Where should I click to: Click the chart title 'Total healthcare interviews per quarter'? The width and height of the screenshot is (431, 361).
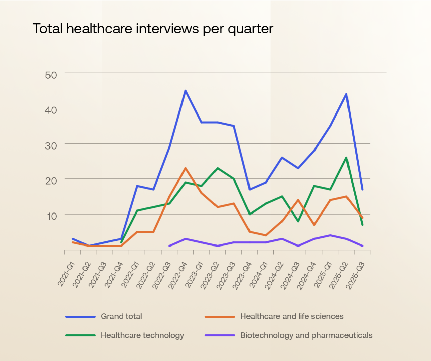pyautogui.click(x=153, y=29)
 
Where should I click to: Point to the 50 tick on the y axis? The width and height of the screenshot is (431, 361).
pyautogui.click(x=51, y=75)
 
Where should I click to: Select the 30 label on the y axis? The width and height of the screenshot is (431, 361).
pyautogui.click(x=51, y=145)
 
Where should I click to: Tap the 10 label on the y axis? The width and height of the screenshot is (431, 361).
pyautogui.click(x=52, y=216)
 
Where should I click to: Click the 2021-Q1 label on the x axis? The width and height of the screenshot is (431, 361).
pyautogui.click(x=66, y=274)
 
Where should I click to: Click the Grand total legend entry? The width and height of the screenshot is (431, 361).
pyautogui.click(x=121, y=316)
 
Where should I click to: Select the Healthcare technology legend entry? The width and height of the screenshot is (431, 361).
pyautogui.click(x=142, y=335)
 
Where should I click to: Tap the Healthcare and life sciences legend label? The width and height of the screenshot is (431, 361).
pyautogui.click(x=292, y=316)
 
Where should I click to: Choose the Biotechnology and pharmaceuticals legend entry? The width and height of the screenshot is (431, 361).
pyautogui.click(x=306, y=335)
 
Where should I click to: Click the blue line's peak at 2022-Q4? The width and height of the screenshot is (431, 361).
pyautogui.click(x=185, y=91)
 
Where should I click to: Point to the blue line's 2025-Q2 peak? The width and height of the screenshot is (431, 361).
pyautogui.click(x=346, y=94)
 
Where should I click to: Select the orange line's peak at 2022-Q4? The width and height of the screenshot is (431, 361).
pyautogui.click(x=185, y=168)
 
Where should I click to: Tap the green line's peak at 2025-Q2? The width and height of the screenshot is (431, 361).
pyautogui.click(x=346, y=158)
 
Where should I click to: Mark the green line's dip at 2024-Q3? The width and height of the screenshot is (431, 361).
pyautogui.click(x=298, y=221)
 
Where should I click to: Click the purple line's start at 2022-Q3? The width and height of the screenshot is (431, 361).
pyautogui.click(x=169, y=246)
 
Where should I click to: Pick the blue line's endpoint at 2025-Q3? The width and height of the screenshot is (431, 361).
pyautogui.click(x=362, y=189)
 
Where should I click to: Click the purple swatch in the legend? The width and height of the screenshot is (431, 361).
pyautogui.click(x=220, y=335)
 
